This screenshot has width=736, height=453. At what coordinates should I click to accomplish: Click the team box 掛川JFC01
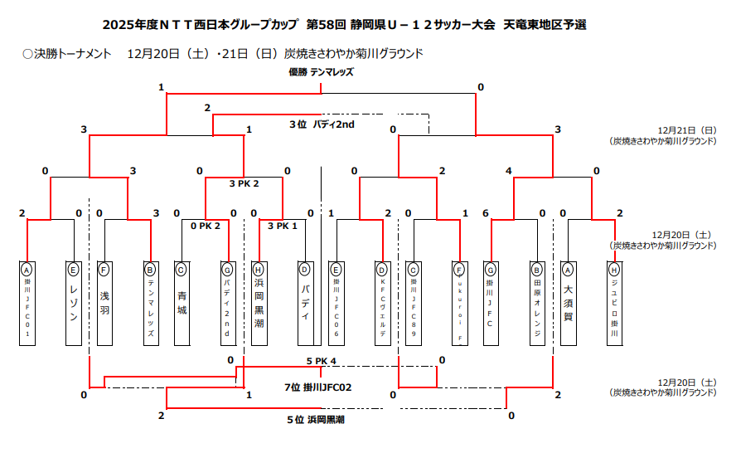(x=27, y=304)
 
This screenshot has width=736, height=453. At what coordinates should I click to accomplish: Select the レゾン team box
(x=74, y=304)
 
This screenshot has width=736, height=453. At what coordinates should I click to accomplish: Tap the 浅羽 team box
(x=104, y=304)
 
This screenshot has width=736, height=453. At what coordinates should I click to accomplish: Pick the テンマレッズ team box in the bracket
(x=150, y=304)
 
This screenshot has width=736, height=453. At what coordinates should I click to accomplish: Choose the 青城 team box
(x=182, y=304)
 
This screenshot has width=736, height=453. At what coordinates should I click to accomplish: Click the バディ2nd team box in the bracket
(x=227, y=304)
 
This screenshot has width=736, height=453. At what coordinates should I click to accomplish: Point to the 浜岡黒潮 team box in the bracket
(x=259, y=304)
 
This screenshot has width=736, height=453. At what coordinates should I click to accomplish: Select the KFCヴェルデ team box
(x=382, y=304)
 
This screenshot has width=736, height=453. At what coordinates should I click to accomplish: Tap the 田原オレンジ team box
(x=537, y=304)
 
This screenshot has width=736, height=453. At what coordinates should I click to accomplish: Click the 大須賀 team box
(x=568, y=304)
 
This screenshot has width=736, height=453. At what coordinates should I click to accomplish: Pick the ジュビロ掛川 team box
(x=614, y=304)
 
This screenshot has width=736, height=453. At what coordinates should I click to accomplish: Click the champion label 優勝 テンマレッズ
(x=321, y=72)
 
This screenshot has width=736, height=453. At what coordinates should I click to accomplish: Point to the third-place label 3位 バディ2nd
(x=322, y=124)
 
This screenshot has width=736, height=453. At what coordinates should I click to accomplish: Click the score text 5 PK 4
(x=321, y=361)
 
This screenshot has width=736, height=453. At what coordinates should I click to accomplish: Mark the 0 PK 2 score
(x=205, y=226)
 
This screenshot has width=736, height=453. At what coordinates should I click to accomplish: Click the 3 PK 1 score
(x=282, y=226)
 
